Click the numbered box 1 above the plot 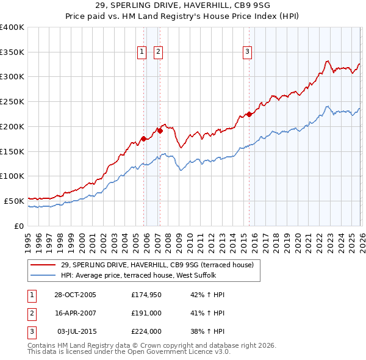tap(142, 52)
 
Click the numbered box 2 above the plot tap(157, 52)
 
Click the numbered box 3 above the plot tap(248, 52)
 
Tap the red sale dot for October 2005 tap(143, 139)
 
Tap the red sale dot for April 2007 tap(159, 130)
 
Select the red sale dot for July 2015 tap(249, 114)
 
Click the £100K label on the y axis tap(12, 176)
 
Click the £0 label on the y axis tap(19, 226)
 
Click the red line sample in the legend tap(43, 265)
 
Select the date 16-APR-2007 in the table tap(75, 313)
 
